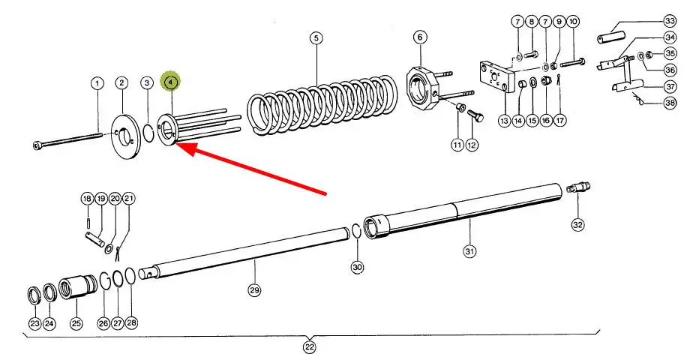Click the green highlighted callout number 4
[172, 81]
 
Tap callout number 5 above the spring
[316, 37]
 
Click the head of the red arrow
[180, 147]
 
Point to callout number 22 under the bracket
[310, 347]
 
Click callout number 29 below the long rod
[254, 289]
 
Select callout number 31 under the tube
[469, 250]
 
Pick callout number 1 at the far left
[97, 82]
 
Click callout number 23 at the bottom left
[34, 323]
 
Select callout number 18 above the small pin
[88, 199]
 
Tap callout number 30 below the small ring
[357, 266]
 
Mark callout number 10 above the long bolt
[573, 22]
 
